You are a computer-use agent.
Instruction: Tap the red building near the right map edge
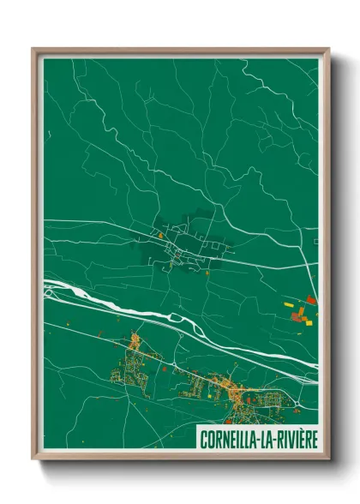(x=310, y=300)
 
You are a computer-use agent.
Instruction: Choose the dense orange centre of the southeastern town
(x=233, y=392)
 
